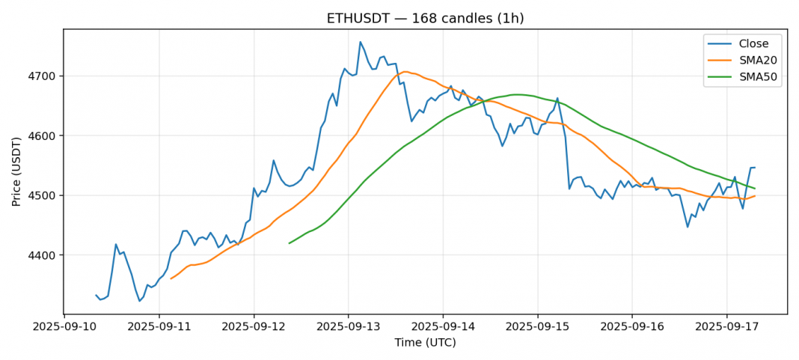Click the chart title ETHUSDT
click(x=425, y=19)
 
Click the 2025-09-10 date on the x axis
click(x=64, y=326)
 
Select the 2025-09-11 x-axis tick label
click(x=159, y=326)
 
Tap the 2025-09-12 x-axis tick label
click(x=254, y=326)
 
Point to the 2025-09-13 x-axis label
click(x=348, y=326)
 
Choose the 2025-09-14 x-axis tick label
click(x=443, y=326)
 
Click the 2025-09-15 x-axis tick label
click(x=537, y=326)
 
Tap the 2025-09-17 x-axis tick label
click(x=726, y=326)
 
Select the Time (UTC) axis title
click(x=425, y=343)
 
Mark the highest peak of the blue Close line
click(x=360, y=42)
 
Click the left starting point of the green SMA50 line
click(x=289, y=243)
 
